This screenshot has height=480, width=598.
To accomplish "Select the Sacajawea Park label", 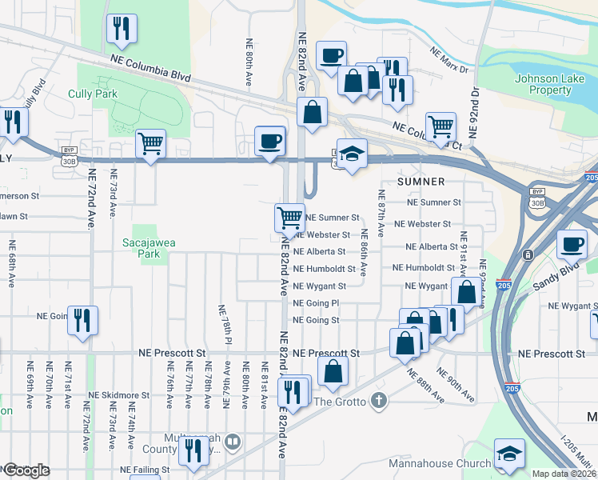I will [142, 248].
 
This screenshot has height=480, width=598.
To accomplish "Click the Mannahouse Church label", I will [440, 464].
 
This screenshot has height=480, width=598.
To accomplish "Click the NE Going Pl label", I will [317, 304].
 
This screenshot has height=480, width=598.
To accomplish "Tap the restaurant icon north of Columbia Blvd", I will [122, 30].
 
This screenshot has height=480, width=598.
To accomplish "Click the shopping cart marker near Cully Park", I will [150, 144].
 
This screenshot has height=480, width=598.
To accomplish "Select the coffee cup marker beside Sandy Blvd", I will [571, 244].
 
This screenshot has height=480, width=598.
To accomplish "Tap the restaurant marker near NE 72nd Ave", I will [82, 321].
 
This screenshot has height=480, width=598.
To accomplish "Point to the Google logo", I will [26, 470].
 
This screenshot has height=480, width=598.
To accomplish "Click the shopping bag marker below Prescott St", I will [333, 371].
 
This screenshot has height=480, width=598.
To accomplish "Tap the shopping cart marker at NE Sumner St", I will [289, 217].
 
